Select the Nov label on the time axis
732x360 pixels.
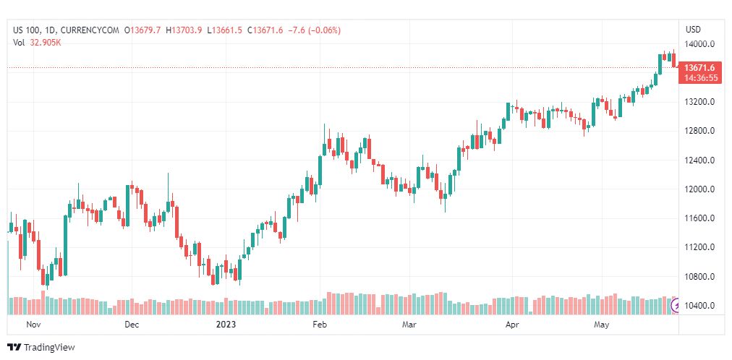point(33,325)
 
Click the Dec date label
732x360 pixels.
point(132,325)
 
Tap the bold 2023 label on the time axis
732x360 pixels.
point(227,325)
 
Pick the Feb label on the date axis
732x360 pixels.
point(319,325)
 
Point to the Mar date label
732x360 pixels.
point(409,325)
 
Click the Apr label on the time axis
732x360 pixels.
point(512,325)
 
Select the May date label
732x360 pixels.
point(602,325)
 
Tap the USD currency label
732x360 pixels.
point(693,30)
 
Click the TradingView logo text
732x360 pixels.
point(49,348)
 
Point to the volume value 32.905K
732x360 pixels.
point(46,42)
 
